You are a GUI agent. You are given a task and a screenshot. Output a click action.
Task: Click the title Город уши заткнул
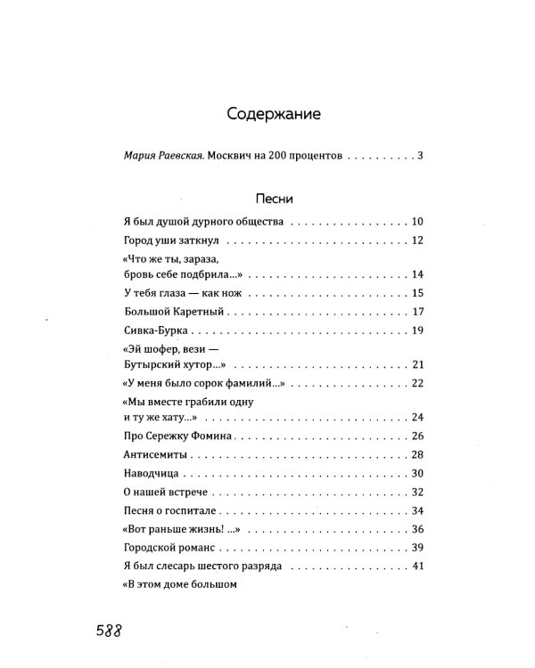[174, 241]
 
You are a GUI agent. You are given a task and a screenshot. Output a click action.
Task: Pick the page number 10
[416, 221]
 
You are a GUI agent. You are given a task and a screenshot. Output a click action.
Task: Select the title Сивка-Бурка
[153, 331]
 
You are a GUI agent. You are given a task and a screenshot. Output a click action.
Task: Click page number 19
[416, 331]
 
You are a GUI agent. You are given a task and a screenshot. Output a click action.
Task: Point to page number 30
[416, 474]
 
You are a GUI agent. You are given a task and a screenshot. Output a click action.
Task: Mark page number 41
[416, 567]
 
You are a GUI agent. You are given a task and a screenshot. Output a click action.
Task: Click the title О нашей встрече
[161, 493]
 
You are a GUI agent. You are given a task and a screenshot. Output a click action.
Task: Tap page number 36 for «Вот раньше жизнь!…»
[416, 530]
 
